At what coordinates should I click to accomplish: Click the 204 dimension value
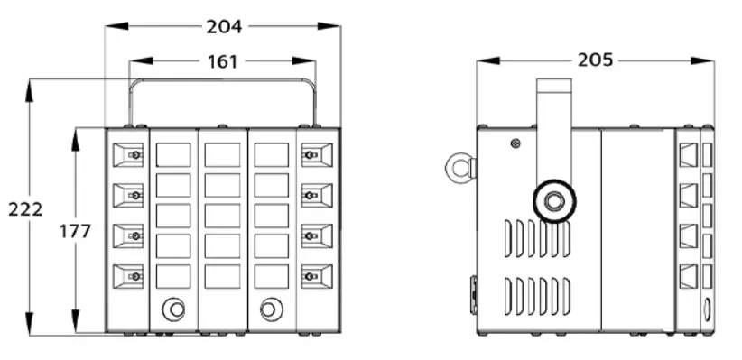click(224, 26)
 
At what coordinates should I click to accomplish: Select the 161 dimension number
click(222, 61)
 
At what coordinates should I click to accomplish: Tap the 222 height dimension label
click(25, 209)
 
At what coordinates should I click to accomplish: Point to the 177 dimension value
click(75, 231)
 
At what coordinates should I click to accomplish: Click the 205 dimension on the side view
click(595, 60)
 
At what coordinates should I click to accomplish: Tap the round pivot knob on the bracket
click(554, 201)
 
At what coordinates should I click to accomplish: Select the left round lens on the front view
click(173, 309)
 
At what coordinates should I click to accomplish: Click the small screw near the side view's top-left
click(515, 143)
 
